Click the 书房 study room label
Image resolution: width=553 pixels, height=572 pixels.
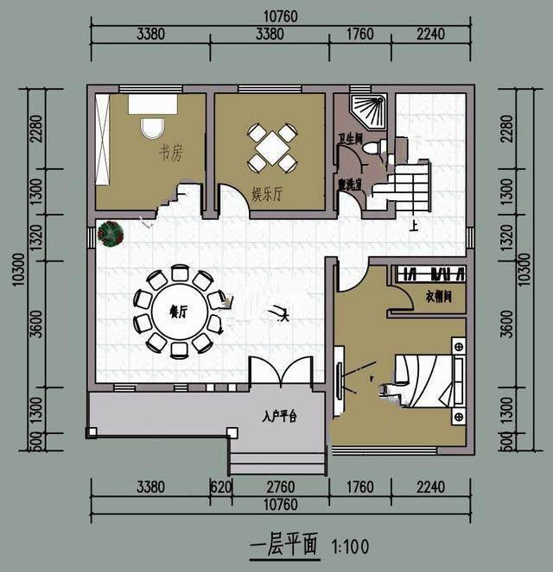[170, 154]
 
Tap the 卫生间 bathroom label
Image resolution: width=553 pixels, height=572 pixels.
[349, 138]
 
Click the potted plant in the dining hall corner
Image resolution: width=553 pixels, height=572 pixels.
[111, 233]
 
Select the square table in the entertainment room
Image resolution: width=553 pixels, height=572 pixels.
[272, 148]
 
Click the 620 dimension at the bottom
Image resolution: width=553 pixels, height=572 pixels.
[220, 487]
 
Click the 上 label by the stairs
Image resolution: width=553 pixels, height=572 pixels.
[415, 226]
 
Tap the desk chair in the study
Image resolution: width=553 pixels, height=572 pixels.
[152, 127]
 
